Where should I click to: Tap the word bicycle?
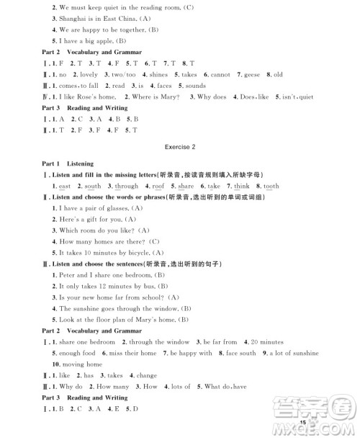[x=133, y=252]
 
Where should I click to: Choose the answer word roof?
[x=158, y=186]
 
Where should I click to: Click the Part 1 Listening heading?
[x=63, y=163]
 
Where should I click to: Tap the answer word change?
[x=146, y=375]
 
